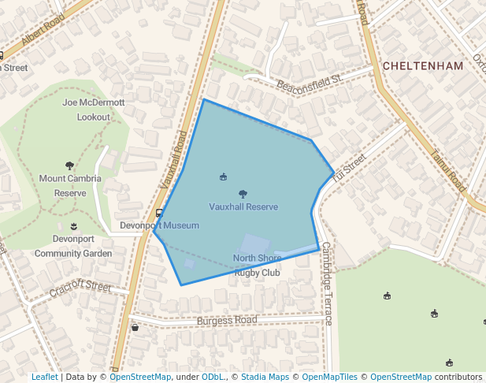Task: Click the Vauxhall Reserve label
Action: click(243, 206)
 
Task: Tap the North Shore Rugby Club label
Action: click(257, 266)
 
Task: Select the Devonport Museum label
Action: click(159, 225)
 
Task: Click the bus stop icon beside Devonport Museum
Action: click(159, 213)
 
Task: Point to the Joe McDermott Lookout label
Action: click(93, 110)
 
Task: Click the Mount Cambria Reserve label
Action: click(70, 185)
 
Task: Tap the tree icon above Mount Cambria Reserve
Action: click(69, 166)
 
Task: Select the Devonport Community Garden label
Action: click(73, 246)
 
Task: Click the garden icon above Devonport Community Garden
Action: click(74, 227)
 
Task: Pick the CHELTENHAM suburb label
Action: click(422, 66)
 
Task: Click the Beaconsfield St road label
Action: click(308, 80)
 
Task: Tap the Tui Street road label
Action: click(349, 166)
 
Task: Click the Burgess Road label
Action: click(227, 321)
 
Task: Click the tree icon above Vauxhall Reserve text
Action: click(243, 194)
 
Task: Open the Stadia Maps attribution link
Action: click(264, 377)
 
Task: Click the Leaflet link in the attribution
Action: click(44, 377)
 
